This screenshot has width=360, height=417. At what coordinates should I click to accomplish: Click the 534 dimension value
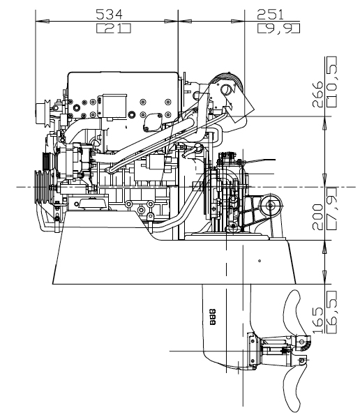[x=109, y=15]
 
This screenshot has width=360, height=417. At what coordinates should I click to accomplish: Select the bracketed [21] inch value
[x=114, y=28]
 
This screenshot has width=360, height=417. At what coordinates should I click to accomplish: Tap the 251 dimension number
[x=270, y=15]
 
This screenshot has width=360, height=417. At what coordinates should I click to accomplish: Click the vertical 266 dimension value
[x=318, y=94]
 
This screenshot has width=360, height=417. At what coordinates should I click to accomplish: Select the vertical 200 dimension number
[x=318, y=217]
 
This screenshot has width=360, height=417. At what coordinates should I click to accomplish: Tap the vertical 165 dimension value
[x=318, y=321]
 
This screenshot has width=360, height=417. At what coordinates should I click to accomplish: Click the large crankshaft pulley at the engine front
[x=42, y=187]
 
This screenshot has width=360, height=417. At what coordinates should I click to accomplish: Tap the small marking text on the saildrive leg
[x=213, y=317]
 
